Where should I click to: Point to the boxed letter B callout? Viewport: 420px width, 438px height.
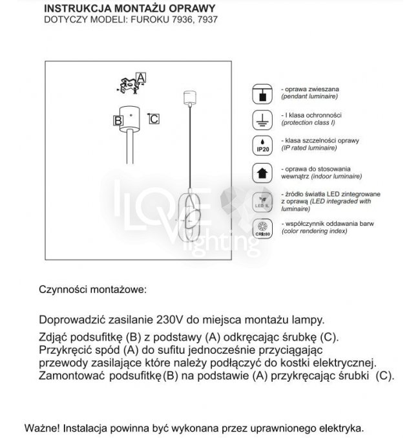coord(118,120)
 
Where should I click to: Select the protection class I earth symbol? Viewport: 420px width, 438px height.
coord(263,118)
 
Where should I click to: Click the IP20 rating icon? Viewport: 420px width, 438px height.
coord(263,144)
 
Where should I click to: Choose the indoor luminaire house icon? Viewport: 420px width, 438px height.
coord(263,172)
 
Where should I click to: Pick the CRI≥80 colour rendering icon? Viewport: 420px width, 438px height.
coord(263,228)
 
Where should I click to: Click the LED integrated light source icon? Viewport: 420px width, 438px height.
coord(263,200)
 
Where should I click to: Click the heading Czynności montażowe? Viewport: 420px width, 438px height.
coord(93,289)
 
